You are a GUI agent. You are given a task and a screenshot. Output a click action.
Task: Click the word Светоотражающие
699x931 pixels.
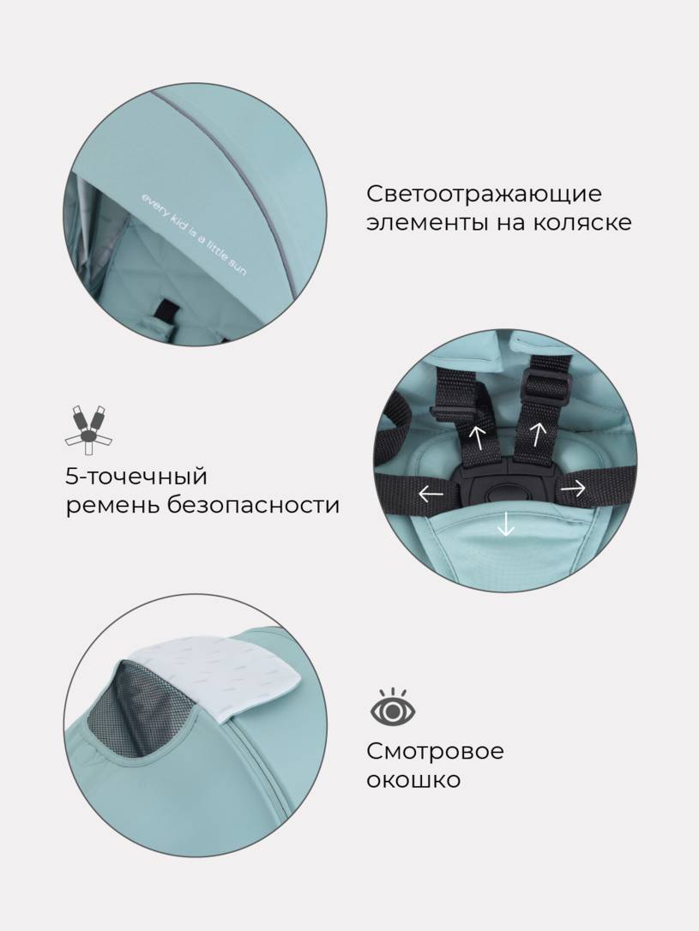click(x=484, y=194)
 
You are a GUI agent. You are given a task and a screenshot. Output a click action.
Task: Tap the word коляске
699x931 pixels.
click(x=581, y=223)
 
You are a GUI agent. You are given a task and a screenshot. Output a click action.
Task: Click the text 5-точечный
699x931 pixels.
click(x=136, y=476)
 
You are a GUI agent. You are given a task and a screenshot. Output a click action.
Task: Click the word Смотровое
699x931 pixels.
click(x=435, y=751)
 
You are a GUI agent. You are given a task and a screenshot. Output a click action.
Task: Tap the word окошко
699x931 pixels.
click(x=413, y=779)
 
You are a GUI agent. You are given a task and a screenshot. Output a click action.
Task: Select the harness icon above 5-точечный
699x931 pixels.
click(x=88, y=429)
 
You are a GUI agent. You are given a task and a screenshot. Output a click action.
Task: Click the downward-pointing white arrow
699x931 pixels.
click(x=506, y=522)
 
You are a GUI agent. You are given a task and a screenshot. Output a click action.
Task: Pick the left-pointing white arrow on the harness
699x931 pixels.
click(x=431, y=492)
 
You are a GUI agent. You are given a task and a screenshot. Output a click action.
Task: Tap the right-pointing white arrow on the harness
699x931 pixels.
click(x=573, y=489)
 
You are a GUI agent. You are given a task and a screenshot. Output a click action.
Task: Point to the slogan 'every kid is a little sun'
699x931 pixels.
click(x=193, y=234)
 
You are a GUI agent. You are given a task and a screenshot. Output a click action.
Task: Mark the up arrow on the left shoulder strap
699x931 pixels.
click(x=477, y=435)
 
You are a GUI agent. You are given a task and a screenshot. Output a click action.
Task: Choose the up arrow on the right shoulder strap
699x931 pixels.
click(x=538, y=433)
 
